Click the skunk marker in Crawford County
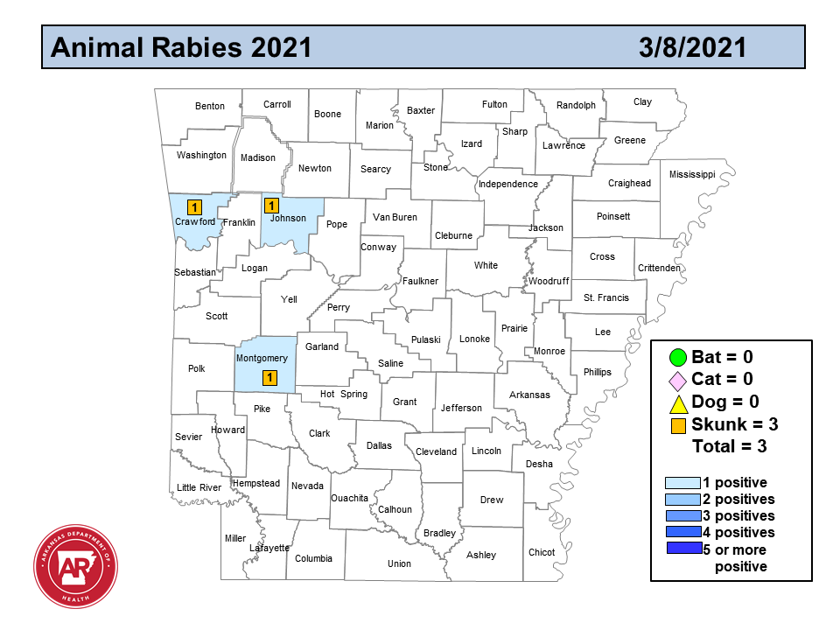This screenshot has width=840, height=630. click(195, 207)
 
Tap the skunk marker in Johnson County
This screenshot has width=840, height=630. click(271, 206)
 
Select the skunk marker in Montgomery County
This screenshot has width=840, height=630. click(270, 378)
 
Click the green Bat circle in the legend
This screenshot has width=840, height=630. click(675, 357)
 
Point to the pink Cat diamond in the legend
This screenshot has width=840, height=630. click(675, 381)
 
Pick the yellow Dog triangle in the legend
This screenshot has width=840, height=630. click(675, 403)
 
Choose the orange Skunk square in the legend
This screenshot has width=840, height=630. click(675, 425)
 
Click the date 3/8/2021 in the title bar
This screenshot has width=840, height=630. click(692, 47)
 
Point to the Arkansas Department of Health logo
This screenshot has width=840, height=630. click(76, 568)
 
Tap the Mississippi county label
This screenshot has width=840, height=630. click(692, 175)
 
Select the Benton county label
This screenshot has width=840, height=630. click(210, 107)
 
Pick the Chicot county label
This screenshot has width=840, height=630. click(542, 553)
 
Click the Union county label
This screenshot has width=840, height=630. click(399, 564)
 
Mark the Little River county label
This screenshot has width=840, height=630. click(199, 488)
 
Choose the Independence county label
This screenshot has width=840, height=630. click(507, 185)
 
